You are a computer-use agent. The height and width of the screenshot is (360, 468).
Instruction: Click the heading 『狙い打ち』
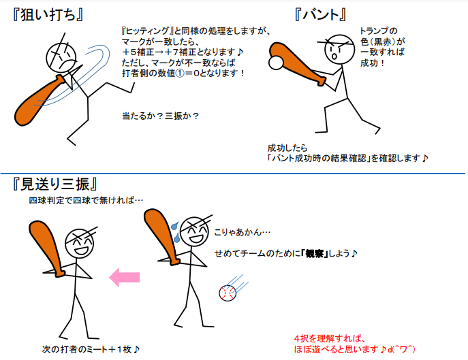click(x=48, y=14)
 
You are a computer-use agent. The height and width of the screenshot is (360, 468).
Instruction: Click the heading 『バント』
click(x=321, y=14)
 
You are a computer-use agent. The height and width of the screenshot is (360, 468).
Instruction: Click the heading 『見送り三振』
click(x=55, y=184)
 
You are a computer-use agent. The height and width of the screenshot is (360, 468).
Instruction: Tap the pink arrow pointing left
click(x=125, y=277)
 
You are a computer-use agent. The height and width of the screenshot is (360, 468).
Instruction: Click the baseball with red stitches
click(x=228, y=293)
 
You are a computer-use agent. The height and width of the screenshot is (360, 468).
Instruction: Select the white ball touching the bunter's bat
click(x=275, y=63)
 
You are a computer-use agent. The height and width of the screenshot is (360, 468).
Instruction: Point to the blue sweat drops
click(x=176, y=232)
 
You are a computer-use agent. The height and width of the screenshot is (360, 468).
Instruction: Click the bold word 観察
click(x=315, y=254)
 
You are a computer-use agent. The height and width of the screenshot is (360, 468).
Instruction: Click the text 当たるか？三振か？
click(x=160, y=116)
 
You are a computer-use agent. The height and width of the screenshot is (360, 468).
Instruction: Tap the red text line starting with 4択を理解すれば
click(x=330, y=339)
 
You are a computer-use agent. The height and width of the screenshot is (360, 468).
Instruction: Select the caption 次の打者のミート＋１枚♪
click(x=91, y=349)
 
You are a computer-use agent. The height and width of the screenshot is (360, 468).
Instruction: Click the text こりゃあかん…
click(x=243, y=232)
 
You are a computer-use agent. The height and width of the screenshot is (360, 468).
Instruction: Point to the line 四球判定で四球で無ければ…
click(x=86, y=200)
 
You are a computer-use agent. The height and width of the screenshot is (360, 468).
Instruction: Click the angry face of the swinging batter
click(x=61, y=57)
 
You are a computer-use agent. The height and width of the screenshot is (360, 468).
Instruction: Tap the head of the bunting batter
click(x=339, y=49)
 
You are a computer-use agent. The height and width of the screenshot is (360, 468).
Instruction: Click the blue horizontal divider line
click(x=233, y=173)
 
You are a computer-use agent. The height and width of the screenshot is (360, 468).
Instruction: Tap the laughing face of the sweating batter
click(x=195, y=232)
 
